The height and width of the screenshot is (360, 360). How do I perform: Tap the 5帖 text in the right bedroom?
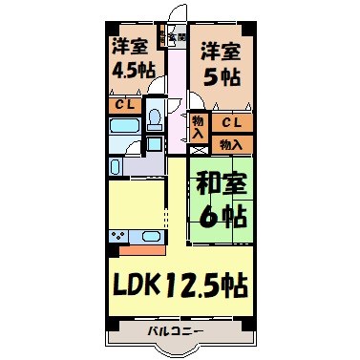[x=220, y=78]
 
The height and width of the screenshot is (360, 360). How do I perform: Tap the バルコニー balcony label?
[x=176, y=331]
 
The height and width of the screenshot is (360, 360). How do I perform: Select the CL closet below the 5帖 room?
[x=232, y=123]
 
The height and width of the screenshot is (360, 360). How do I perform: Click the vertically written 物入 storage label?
[x=197, y=127]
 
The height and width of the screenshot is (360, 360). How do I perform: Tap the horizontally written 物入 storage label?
[x=230, y=144]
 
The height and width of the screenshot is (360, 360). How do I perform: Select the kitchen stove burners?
[x=118, y=236]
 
